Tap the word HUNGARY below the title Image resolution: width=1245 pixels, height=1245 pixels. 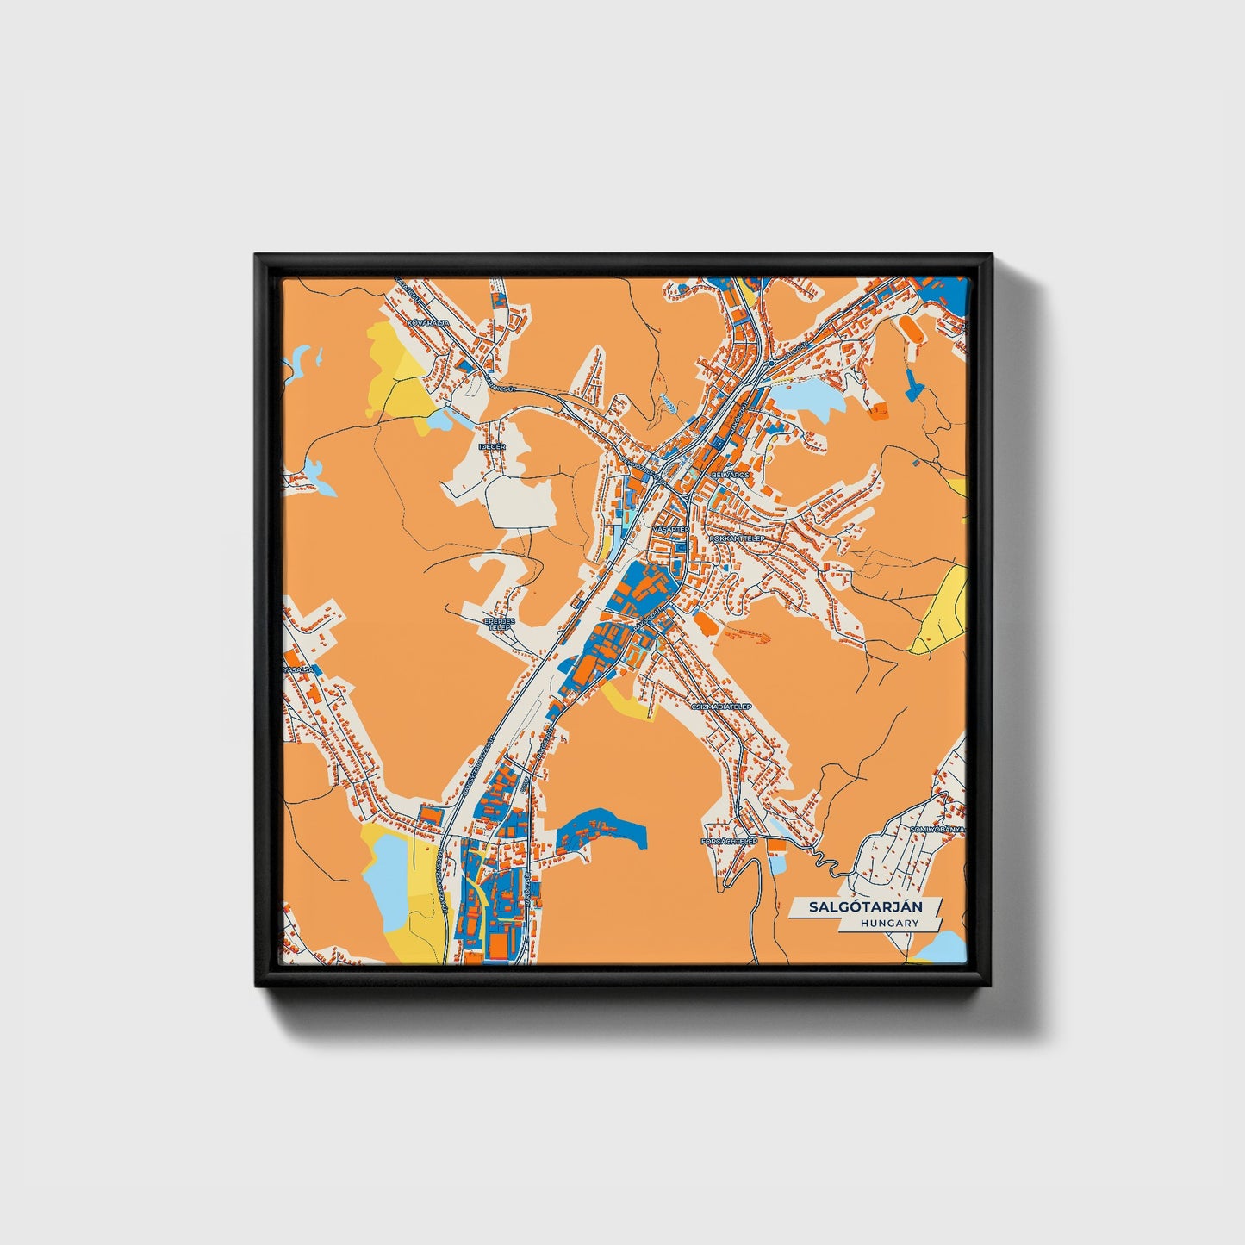(888, 924)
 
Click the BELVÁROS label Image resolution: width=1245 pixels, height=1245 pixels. (731, 475)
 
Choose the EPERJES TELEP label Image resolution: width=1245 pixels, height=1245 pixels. (499, 624)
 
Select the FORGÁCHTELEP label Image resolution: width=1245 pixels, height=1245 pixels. (729, 840)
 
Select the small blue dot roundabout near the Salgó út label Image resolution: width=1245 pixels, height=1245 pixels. (770, 364)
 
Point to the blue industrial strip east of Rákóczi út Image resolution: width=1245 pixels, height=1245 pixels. (603, 831)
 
